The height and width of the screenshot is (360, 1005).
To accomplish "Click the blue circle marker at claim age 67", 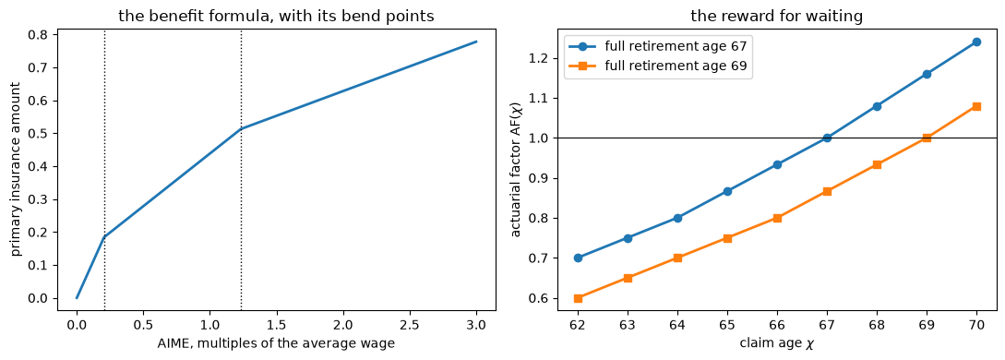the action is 827,138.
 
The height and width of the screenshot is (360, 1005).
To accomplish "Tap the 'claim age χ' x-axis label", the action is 777,343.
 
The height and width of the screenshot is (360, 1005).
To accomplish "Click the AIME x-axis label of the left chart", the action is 276,344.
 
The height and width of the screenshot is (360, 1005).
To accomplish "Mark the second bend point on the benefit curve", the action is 241,128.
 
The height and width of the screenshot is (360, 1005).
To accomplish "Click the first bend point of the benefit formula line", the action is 104,237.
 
